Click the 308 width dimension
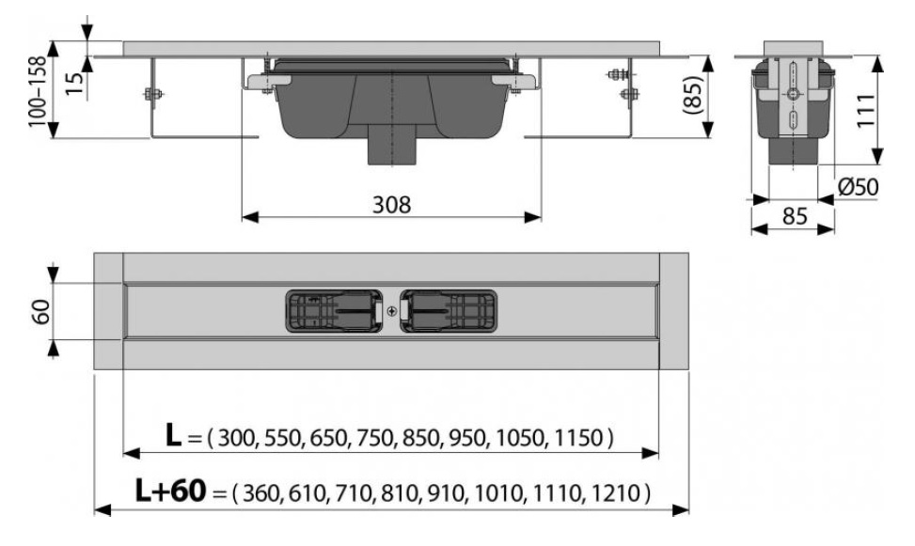(x=391, y=205)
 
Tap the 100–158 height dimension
(x=38, y=90)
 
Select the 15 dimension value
(x=74, y=84)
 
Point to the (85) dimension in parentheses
(x=692, y=95)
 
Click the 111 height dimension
(x=865, y=110)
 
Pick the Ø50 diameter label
(x=858, y=187)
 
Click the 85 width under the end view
(x=795, y=216)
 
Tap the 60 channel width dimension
(x=41, y=311)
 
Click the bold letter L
(x=173, y=435)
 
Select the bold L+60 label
(x=170, y=491)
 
